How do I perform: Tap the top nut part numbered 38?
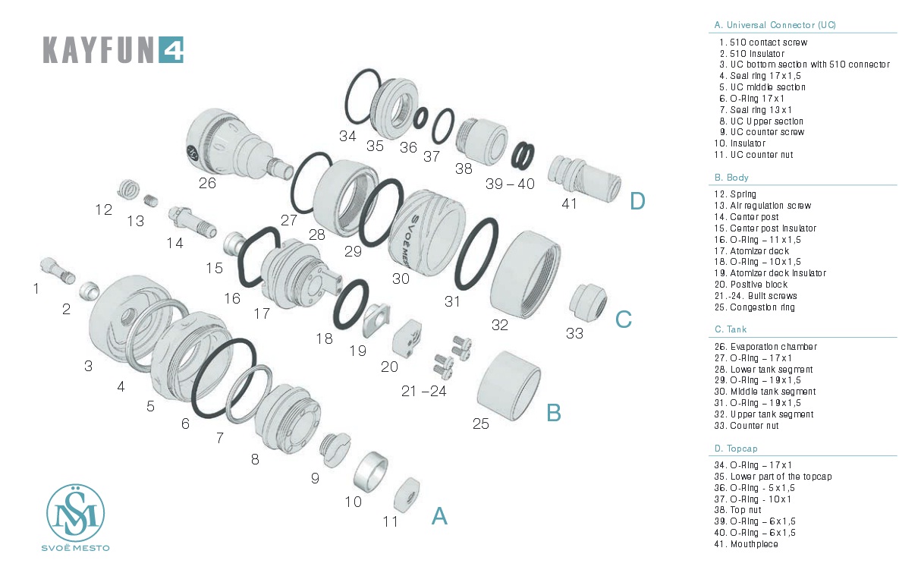point(479,140)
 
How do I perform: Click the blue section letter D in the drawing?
point(637,201)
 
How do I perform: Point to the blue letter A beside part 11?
point(439,516)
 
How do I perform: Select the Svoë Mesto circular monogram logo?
point(75,513)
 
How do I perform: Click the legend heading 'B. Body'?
point(731,178)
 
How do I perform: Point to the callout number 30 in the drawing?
point(401,279)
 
